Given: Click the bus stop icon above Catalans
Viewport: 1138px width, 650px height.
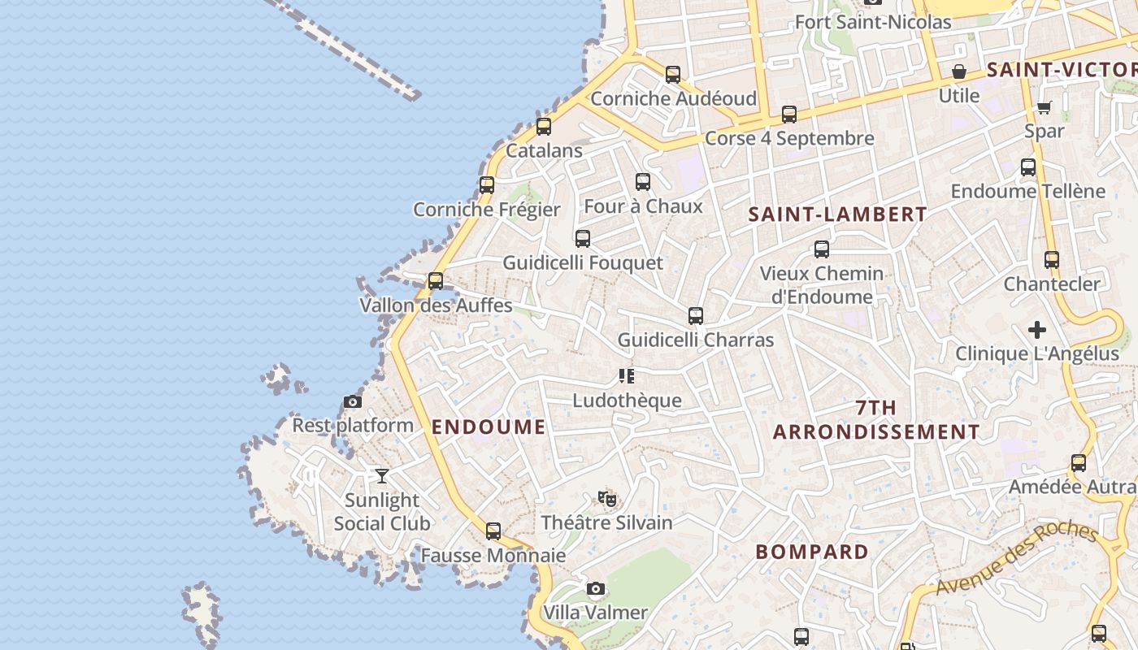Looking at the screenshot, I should coord(544,127).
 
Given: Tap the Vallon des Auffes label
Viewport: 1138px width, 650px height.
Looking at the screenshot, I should coord(436,305).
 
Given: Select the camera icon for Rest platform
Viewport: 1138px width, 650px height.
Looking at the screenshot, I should coord(352,401).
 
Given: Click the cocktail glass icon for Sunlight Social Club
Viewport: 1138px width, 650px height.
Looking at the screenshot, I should coord(382,475).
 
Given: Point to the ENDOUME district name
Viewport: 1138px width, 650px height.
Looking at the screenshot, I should coord(489,427).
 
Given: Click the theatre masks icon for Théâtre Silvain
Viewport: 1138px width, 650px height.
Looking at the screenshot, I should coord(606,498).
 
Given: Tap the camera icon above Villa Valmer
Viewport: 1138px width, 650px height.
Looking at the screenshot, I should coord(596,588).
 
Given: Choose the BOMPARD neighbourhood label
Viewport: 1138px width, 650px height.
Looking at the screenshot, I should coord(812,552).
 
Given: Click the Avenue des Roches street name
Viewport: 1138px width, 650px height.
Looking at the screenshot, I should coord(1016,559).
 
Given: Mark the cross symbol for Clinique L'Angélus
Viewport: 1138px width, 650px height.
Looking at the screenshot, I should coord(1036,330).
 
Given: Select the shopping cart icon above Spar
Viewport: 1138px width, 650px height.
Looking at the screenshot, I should coord(1045,107).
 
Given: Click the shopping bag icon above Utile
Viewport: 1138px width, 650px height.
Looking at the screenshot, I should coord(959,71).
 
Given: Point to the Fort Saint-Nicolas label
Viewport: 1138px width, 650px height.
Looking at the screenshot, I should coord(872,22).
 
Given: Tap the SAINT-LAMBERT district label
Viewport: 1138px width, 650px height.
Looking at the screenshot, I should coord(837,214).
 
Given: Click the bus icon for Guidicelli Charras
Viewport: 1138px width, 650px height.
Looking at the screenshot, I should coord(695,316).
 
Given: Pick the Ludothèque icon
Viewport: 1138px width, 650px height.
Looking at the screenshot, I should coord(626,376).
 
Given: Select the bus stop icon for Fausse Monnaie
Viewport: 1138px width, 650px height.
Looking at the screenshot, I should coord(493,531).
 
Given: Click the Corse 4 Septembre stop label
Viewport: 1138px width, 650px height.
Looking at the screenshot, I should coord(789,138).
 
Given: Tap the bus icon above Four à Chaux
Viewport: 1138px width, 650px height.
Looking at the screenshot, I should coord(643,182).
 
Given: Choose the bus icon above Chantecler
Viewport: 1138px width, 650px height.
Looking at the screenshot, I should coord(1052,260).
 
